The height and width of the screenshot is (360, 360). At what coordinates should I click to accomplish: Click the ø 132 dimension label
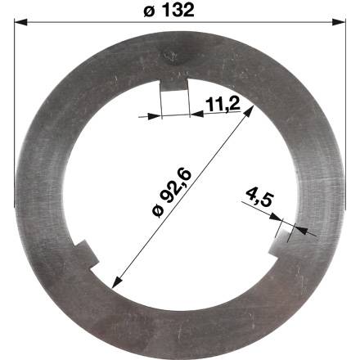pyautogui.click(x=169, y=11)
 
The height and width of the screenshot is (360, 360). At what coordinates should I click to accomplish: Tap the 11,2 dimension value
pyautogui.click(x=223, y=104)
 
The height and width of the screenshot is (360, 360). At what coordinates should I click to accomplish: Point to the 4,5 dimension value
pyautogui.click(x=259, y=197)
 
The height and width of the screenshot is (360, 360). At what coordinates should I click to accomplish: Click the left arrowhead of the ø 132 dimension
pyautogui.click(x=20, y=22)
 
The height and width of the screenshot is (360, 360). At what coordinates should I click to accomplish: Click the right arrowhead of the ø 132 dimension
pyautogui.click(x=339, y=22)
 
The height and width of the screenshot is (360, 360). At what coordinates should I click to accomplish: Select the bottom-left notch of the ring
pyautogui.click(x=86, y=254)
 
